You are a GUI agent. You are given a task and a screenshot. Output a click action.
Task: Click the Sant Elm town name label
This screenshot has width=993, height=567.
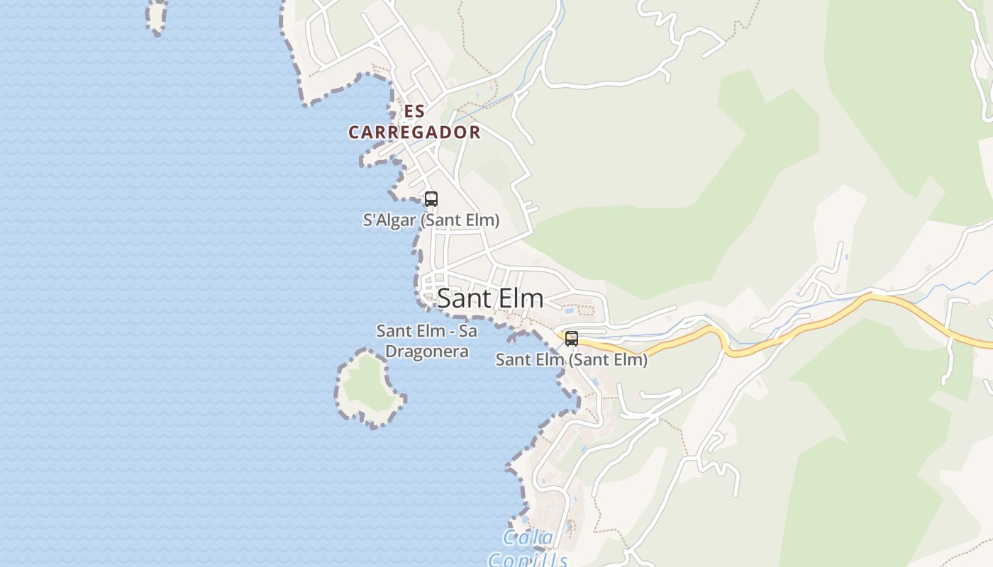490,298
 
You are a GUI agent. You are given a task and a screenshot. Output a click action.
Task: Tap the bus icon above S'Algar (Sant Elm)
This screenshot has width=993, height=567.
431,199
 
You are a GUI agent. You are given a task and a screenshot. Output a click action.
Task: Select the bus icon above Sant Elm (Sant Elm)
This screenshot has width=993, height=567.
572,339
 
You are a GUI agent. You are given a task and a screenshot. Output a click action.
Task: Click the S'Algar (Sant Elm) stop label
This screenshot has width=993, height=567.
431,220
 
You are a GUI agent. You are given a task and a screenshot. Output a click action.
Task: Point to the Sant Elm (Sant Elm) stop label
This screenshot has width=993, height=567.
571,360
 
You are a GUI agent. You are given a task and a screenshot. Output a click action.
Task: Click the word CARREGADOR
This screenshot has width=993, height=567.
414,133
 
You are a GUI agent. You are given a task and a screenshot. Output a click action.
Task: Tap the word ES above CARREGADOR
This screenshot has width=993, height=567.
414,112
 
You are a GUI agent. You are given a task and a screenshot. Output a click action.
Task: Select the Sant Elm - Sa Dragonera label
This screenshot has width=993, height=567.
426,341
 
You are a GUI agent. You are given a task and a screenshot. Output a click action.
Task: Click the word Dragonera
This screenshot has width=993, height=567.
426,352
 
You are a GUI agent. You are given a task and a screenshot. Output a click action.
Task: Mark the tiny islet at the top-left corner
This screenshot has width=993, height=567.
157,16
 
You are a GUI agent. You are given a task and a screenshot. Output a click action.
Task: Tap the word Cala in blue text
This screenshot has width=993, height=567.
528,538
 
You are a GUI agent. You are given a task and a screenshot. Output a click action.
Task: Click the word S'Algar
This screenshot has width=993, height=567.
389,220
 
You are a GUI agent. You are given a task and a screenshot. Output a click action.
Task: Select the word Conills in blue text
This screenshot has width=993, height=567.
528,560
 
